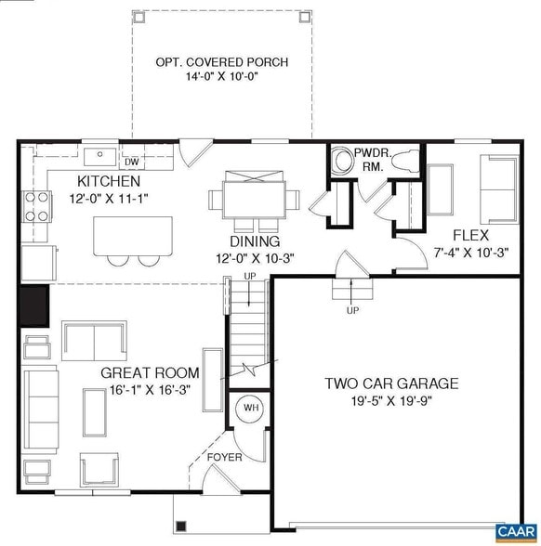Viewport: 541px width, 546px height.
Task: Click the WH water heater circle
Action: click(x=250, y=408)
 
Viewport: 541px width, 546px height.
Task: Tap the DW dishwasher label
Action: click(x=131, y=162)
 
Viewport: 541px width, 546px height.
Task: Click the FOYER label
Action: click(x=225, y=456)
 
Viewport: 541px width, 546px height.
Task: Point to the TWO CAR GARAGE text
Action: click(x=391, y=383)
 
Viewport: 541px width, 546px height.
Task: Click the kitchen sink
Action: click(x=97, y=156)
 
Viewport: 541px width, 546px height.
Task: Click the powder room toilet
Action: click(x=404, y=162)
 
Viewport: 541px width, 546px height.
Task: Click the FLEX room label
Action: click(x=470, y=235)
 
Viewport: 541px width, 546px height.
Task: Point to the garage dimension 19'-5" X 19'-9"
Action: click(x=391, y=401)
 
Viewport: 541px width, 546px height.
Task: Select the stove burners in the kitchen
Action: click(x=36, y=205)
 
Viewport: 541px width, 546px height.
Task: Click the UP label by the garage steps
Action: click(x=352, y=310)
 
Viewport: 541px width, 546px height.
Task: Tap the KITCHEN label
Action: click(x=109, y=181)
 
